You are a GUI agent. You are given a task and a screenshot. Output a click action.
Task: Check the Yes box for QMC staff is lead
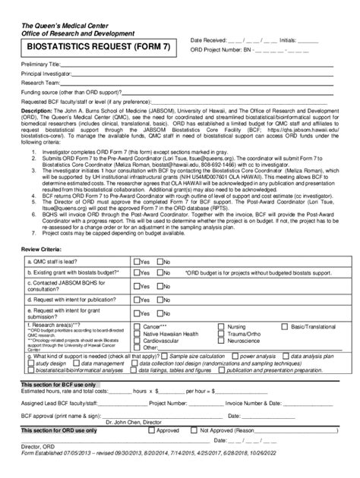click(137, 261)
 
